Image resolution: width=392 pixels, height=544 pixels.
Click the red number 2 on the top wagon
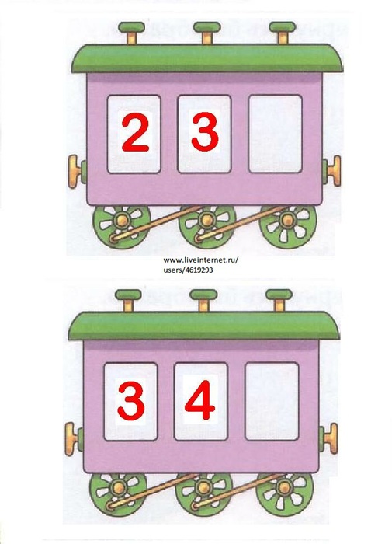136,134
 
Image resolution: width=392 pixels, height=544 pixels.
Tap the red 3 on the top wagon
205,133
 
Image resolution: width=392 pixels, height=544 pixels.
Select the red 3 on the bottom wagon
131,400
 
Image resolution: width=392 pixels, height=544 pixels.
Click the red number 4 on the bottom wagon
199,400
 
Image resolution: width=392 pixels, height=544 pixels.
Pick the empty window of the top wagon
276,134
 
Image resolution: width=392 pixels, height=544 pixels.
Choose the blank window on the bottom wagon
272,402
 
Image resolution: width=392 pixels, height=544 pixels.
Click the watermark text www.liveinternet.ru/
201,260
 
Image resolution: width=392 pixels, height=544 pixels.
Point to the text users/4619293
188,270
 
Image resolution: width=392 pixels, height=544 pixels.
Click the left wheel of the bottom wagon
119,490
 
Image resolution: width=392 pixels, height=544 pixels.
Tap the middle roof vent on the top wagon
207,33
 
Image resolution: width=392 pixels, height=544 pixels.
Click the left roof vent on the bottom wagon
128,301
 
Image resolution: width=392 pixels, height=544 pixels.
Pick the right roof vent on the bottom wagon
279,301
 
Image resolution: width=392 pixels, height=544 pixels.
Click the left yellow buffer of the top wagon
75,172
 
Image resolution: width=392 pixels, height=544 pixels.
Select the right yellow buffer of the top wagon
335,172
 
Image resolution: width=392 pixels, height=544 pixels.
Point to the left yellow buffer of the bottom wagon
71,438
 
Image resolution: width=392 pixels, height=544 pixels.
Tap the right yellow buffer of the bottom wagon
331,438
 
